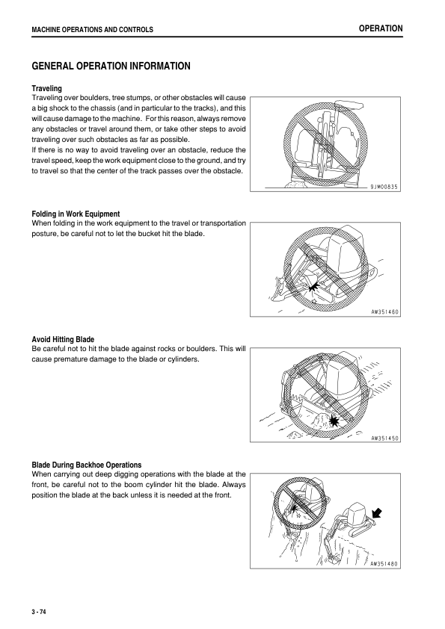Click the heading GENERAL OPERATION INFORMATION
click(x=111, y=66)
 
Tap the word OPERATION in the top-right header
click(x=381, y=28)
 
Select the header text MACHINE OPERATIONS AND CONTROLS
click(x=93, y=30)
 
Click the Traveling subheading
click(x=47, y=88)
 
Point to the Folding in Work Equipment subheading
click(x=76, y=214)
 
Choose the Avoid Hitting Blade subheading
click(x=63, y=339)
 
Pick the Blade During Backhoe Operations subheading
click(x=87, y=465)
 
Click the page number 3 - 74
click(x=39, y=612)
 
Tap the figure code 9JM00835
click(x=384, y=187)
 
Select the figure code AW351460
click(x=384, y=312)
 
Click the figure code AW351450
click(x=384, y=438)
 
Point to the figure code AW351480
click(x=384, y=563)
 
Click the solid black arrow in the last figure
click(x=377, y=513)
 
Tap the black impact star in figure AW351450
click(x=334, y=421)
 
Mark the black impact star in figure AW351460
click(x=313, y=286)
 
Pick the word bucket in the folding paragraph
click(x=149, y=234)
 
